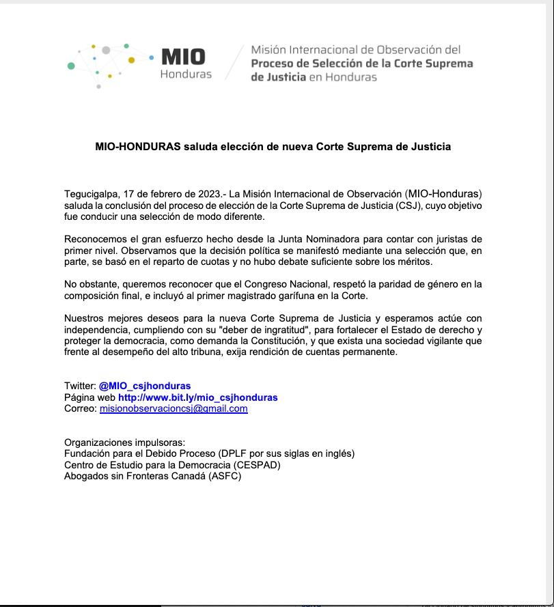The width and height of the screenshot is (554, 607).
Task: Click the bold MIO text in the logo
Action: (182, 57)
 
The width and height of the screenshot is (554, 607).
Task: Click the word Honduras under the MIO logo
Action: (186, 74)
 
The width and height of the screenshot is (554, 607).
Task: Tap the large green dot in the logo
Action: (71, 66)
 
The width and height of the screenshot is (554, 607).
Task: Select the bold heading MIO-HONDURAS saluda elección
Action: (273, 147)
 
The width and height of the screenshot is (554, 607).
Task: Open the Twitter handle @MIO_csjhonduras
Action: (145, 386)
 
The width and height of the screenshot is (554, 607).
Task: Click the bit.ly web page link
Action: (198, 397)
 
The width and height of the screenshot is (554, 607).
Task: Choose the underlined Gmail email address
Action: (174, 409)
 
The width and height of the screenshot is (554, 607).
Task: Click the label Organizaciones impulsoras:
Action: (125, 442)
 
